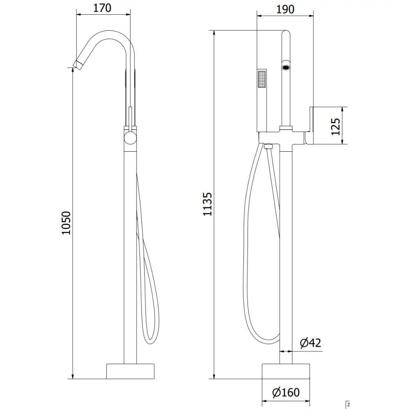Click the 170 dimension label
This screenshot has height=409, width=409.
(x=103, y=8)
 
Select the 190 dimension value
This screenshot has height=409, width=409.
(x=285, y=9)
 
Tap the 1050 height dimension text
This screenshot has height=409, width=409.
(x=66, y=223)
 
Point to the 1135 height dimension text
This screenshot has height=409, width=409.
(x=208, y=204)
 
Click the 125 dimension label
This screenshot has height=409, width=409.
(x=335, y=126)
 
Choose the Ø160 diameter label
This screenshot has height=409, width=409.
(x=286, y=393)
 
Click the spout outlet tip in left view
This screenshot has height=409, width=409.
(x=76, y=63)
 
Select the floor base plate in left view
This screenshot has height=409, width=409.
(x=131, y=371)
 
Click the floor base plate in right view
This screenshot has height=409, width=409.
(x=286, y=371)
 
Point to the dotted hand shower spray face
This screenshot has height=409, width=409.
(x=261, y=79)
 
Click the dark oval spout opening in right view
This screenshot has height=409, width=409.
(x=286, y=65)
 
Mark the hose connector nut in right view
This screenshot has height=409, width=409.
(x=268, y=146)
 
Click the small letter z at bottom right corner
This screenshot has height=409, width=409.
(x=348, y=405)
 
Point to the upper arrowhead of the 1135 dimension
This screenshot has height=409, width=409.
(x=214, y=33)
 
